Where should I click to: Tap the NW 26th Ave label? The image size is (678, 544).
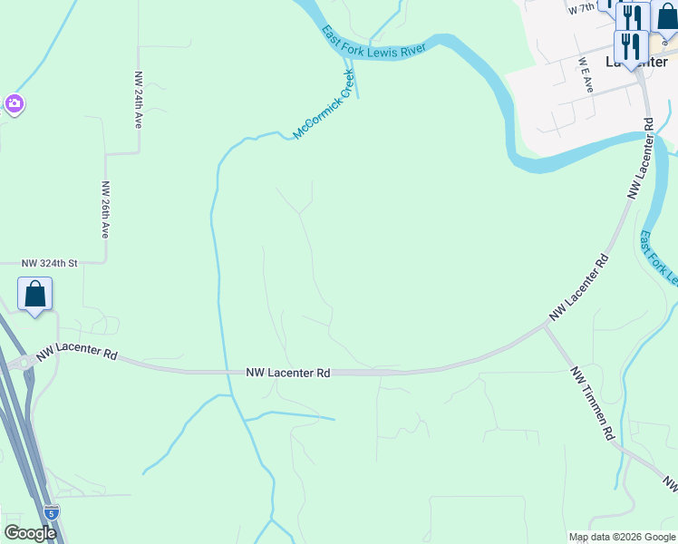[x=105, y=209]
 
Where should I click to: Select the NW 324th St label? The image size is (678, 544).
[x=50, y=263]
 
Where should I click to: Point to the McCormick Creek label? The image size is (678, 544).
[x=322, y=105]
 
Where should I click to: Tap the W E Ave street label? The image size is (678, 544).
[x=586, y=76]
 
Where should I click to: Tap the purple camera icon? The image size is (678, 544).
[x=14, y=102]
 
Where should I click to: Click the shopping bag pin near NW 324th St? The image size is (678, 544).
[x=34, y=296]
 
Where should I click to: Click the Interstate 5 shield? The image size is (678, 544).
[x=52, y=512]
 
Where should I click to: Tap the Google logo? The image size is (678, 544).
[x=30, y=533]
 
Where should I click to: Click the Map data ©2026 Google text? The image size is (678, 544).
[x=622, y=537]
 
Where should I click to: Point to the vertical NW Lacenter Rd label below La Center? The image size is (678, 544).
[x=641, y=158]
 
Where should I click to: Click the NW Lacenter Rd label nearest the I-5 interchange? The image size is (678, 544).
[x=78, y=353]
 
